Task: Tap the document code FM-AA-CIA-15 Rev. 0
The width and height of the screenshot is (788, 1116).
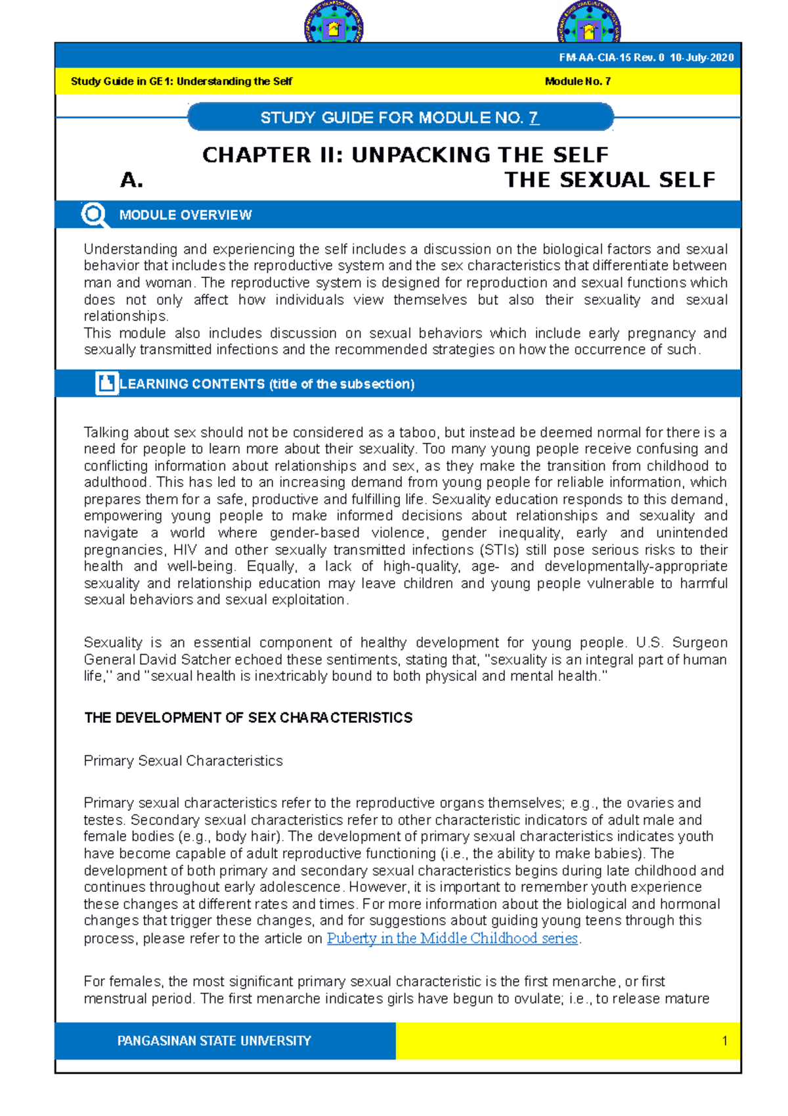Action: point(612,58)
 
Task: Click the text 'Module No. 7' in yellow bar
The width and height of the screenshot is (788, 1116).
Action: point(578,81)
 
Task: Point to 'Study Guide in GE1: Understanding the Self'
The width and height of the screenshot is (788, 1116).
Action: point(181,81)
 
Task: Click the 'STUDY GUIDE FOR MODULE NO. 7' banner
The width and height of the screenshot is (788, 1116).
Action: point(400,118)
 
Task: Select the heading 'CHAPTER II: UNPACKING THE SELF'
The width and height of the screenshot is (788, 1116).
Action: point(405,155)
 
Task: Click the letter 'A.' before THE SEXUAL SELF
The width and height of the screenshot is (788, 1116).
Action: point(131,180)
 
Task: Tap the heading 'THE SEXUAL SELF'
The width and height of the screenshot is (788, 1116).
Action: point(609,180)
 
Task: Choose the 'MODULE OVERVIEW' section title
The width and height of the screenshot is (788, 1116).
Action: point(185,215)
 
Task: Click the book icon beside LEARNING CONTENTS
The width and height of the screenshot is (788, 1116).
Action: point(106,383)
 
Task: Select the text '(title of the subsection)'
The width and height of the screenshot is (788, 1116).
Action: point(341,384)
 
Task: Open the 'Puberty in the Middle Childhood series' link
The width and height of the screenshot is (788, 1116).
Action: point(452,939)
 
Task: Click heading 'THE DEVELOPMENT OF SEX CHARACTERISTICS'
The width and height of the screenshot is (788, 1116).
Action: point(248,718)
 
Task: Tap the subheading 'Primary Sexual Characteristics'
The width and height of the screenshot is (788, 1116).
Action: point(183,761)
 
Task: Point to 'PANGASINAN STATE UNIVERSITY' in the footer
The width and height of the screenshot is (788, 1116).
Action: point(214,1041)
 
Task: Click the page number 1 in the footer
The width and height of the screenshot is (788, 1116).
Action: point(724,1041)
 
